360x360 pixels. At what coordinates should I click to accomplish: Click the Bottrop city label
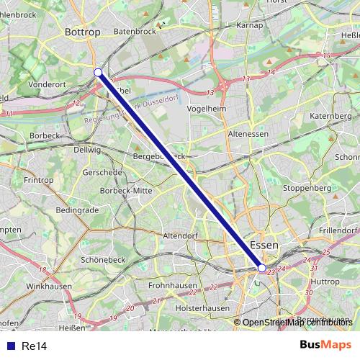79,32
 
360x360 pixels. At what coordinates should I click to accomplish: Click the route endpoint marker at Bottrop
98,72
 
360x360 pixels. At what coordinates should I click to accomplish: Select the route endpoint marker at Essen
262,268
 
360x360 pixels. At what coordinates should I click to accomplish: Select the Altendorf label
181,235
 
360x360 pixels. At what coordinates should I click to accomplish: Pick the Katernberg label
330,115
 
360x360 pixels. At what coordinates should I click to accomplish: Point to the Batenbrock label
135,32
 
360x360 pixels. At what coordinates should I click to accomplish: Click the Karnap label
249,25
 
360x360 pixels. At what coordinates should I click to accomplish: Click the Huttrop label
325,282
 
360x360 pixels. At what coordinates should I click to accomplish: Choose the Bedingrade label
77,210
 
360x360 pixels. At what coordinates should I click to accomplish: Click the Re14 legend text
34,346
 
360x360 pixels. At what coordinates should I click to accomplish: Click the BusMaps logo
325,346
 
